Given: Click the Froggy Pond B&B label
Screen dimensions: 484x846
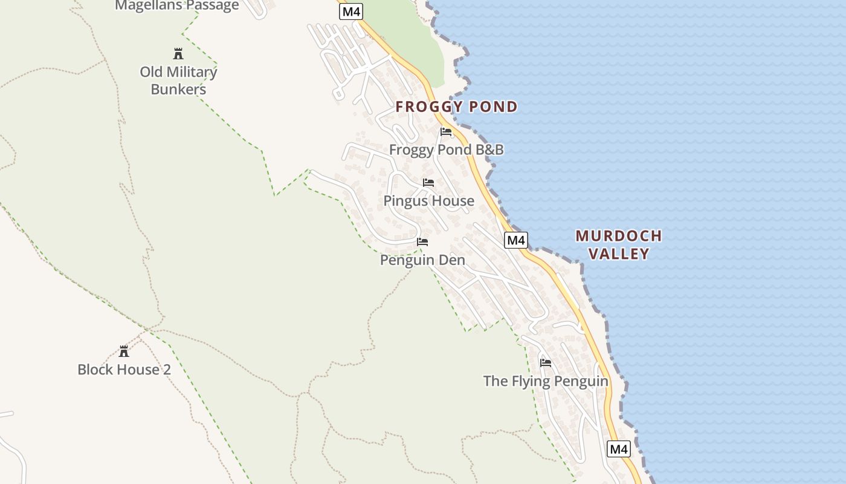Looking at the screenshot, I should coord(446,149).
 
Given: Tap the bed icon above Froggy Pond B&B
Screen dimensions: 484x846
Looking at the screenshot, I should coord(446,131).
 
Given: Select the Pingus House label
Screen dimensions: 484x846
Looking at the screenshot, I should coord(428,200).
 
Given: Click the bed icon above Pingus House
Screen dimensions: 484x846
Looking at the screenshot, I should coord(428,182).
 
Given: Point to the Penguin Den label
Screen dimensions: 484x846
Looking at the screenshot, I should coord(422,260).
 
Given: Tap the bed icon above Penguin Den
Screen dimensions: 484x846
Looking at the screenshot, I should coord(422,242).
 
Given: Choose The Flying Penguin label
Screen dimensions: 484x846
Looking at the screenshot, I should coord(546,381).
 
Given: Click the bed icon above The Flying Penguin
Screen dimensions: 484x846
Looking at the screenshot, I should coord(546,363).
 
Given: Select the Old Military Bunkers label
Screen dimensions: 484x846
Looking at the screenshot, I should coord(178,80).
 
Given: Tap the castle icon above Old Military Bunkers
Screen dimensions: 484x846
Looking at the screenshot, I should coord(178,54).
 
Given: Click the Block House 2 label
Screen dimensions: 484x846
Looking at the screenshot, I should coord(124,369).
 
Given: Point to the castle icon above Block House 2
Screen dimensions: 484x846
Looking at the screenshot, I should coord(124,352).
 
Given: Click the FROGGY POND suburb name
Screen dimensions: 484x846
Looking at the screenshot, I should coord(456,107).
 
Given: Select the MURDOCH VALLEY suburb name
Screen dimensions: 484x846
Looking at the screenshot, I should coord(619,244).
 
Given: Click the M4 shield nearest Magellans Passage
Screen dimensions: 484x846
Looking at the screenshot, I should coord(350,11).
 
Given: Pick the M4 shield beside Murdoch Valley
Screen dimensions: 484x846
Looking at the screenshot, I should coord(516,240).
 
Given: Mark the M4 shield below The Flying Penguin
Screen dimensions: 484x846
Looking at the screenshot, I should coord(619,449).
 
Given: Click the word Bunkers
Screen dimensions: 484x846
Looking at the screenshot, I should coord(178,90).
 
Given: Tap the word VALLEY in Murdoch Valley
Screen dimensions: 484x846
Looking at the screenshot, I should coord(619,253).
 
